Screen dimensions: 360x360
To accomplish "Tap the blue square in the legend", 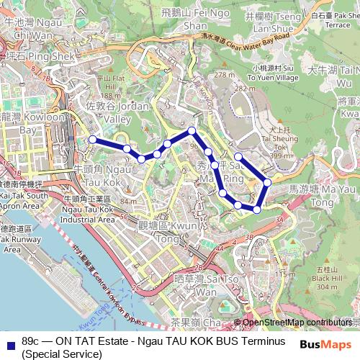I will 11,341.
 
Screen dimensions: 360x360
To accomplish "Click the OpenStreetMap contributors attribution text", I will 297,323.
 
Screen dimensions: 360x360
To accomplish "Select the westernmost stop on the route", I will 91,139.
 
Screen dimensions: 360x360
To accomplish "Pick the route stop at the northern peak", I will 192,130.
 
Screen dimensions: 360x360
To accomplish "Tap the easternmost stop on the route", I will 267,182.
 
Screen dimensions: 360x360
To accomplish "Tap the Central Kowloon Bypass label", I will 108,277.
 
